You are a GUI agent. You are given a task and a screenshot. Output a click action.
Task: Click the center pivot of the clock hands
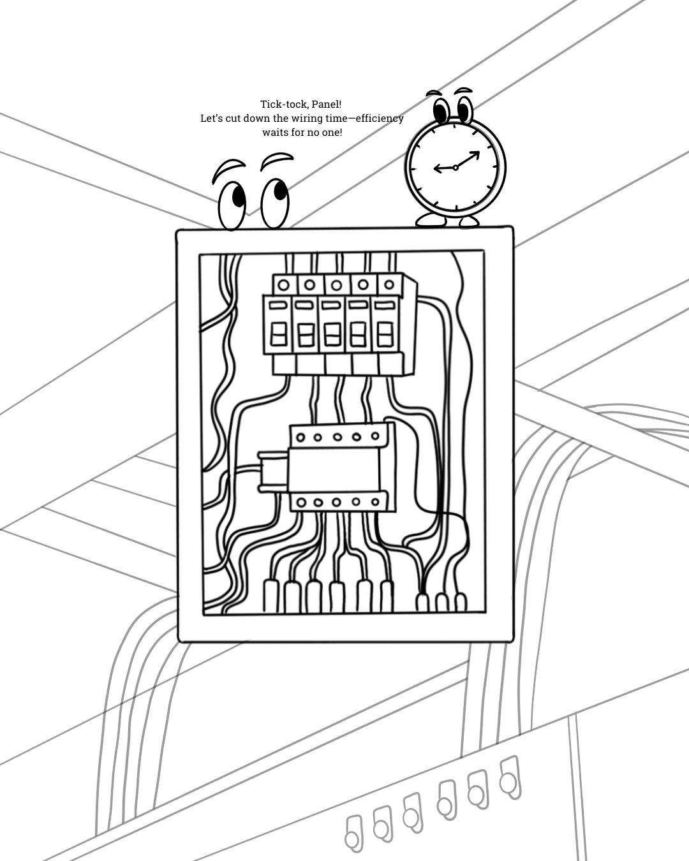point(456,168)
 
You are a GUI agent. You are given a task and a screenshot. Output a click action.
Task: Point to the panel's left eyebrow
point(228,168)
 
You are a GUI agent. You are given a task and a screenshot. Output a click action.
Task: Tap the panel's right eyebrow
point(277,159)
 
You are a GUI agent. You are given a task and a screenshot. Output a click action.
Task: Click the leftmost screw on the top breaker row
point(284,284)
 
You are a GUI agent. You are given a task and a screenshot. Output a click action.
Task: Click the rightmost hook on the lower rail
point(510,777)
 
